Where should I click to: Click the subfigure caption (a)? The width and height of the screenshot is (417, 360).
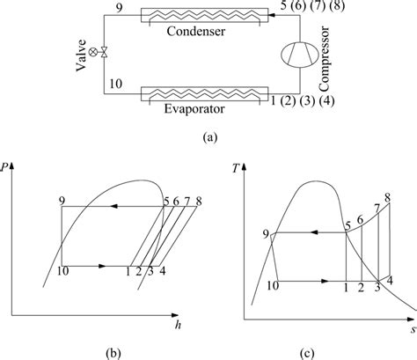[208, 136]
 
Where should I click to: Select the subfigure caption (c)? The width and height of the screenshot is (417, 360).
[326, 351]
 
